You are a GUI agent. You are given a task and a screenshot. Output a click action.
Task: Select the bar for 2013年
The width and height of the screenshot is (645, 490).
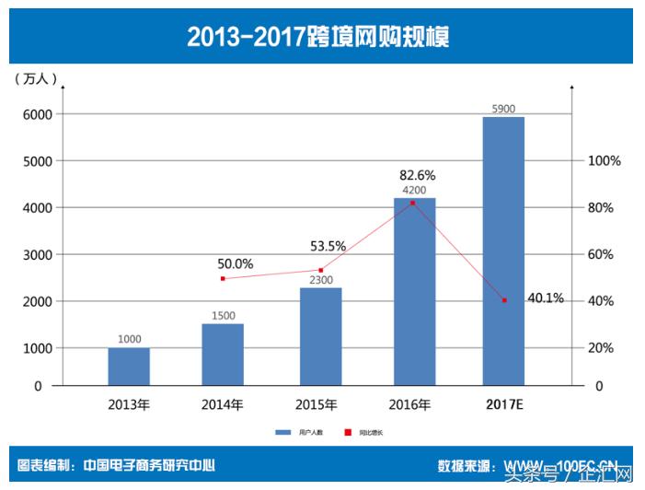click(129, 367)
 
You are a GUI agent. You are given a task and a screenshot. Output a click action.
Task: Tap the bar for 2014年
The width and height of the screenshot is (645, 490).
click(223, 355)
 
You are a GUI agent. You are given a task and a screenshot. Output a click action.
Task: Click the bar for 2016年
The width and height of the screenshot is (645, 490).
click(414, 292)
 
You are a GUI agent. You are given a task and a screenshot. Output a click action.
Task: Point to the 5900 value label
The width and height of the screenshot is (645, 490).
click(503, 109)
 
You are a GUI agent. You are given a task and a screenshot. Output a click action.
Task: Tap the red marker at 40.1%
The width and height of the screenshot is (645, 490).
click(504, 300)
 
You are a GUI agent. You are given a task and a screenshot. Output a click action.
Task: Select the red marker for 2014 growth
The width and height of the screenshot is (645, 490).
click(223, 278)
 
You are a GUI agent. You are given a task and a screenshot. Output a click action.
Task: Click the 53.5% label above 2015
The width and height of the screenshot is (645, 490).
click(328, 246)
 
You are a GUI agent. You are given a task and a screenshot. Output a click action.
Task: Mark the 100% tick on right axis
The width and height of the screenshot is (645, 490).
click(605, 160)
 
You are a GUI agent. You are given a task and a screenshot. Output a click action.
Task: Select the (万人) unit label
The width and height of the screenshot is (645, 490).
click(36, 80)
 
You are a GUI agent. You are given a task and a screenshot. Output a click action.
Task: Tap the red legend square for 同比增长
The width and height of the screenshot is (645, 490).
click(348, 432)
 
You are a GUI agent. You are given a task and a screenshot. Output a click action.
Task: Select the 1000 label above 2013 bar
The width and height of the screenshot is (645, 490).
click(130, 339)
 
